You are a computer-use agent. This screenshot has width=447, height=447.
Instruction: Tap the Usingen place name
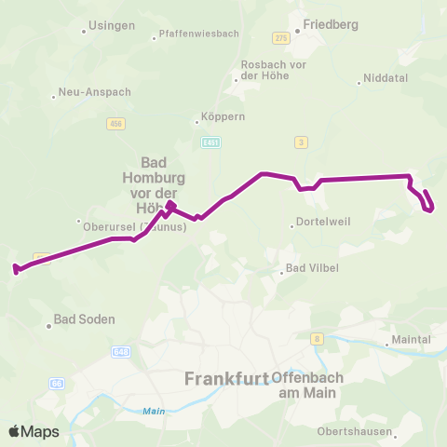111,25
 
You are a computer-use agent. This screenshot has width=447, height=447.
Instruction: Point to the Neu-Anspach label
94,92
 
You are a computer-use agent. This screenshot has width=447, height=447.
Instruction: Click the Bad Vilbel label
312,268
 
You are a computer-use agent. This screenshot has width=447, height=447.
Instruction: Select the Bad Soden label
84,319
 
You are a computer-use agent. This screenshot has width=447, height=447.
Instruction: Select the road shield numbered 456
116,124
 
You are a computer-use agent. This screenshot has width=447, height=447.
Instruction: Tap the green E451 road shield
210,142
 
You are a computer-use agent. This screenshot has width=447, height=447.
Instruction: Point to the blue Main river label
153,411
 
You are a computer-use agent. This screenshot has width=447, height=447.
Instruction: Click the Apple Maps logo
34,431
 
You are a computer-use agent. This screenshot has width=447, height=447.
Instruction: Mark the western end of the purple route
16,270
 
